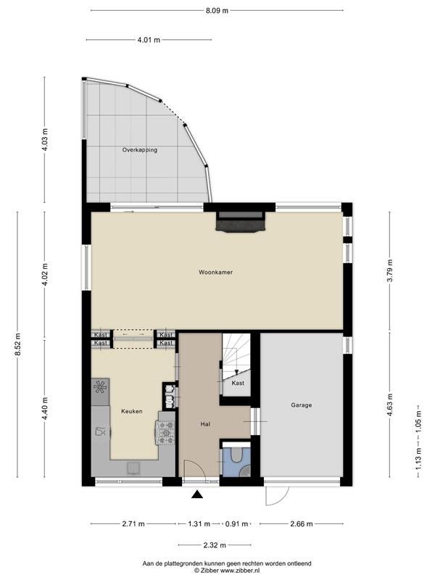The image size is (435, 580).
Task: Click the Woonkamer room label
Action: point(215,273)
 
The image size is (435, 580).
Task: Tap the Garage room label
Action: point(301,405)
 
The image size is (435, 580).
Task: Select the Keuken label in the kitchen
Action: point(132,411)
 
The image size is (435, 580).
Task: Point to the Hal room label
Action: point(205,424)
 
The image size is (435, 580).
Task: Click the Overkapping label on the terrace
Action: point(140,150)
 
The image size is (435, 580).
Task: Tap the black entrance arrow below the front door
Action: point(197,494)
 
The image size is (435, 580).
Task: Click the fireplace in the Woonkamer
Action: point(241,222)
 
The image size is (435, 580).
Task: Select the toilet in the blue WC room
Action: point(235,455)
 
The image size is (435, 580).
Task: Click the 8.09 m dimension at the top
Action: point(217,11)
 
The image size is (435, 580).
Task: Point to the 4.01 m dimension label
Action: point(149,40)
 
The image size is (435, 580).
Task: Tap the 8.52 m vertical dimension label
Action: point(17,344)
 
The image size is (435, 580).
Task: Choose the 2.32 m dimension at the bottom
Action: point(215,545)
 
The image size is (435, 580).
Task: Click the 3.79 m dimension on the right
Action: point(389,270)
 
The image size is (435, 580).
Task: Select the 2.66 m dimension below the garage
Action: point(302,523)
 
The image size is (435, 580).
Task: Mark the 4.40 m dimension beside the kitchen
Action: point(45,408)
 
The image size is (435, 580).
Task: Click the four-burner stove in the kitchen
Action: point(166,433)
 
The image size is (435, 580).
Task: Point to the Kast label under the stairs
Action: point(238,384)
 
